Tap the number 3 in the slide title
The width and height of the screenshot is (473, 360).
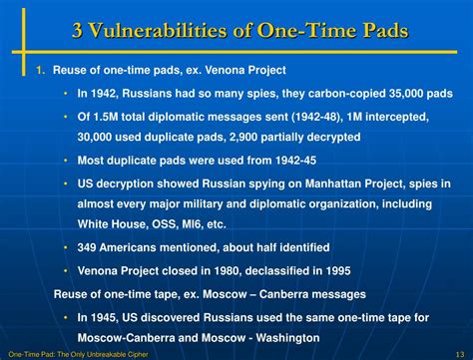point(79,31)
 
